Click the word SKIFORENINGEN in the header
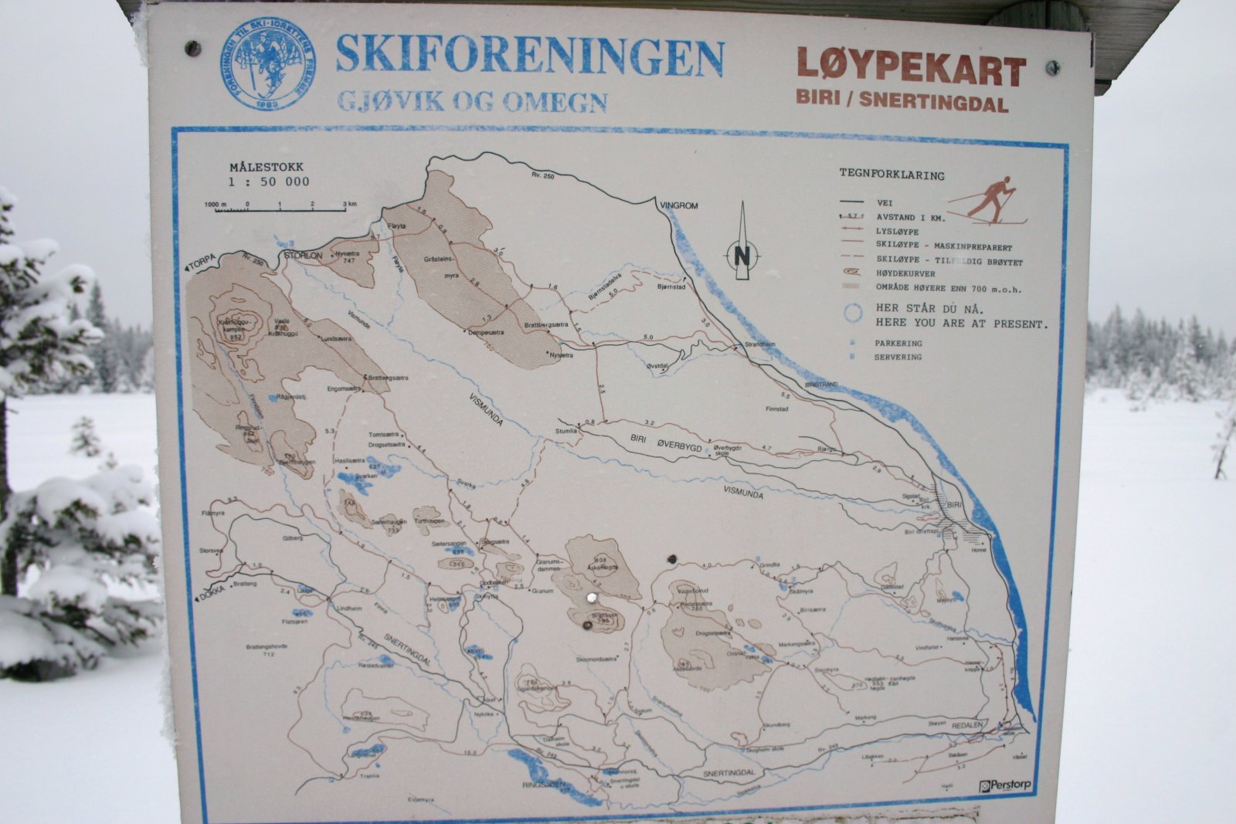point(529,56)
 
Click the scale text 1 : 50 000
point(268,181)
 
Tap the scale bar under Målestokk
point(275,209)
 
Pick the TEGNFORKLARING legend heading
point(891,175)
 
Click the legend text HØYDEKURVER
point(905,273)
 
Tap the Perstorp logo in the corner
point(1004,785)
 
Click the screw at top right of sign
point(1051,68)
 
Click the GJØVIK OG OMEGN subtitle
point(471,102)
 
